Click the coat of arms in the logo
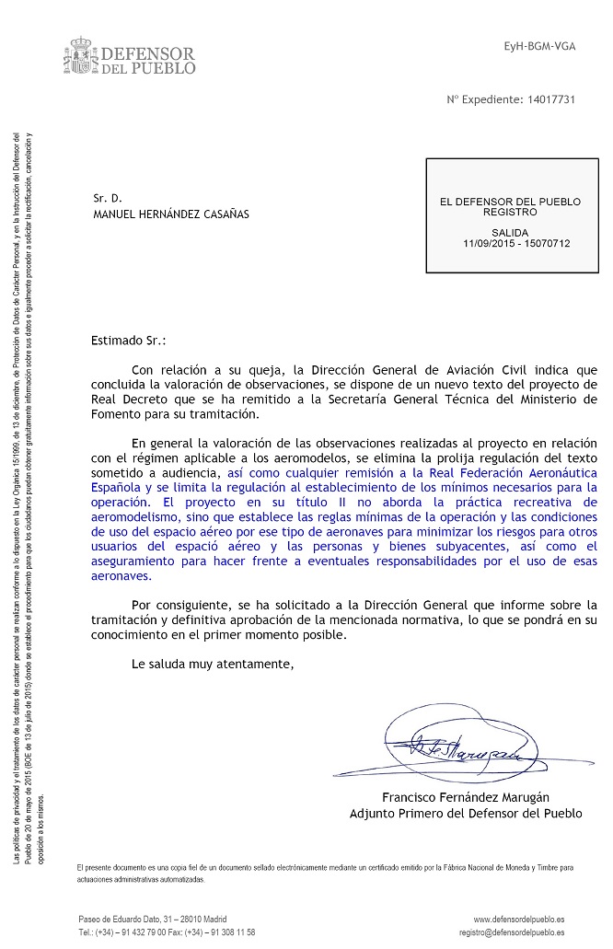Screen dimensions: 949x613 tap(82, 55)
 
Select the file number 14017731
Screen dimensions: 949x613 tap(548, 99)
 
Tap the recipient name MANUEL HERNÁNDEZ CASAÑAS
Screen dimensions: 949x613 tap(171, 214)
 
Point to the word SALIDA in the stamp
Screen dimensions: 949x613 tap(510, 233)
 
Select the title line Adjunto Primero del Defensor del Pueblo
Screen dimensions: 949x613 tap(466, 814)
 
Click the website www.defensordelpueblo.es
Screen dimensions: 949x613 tap(519, 919)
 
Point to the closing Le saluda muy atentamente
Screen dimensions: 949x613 tap(213, 663)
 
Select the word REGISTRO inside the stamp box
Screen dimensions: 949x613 tap(509, 212)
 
